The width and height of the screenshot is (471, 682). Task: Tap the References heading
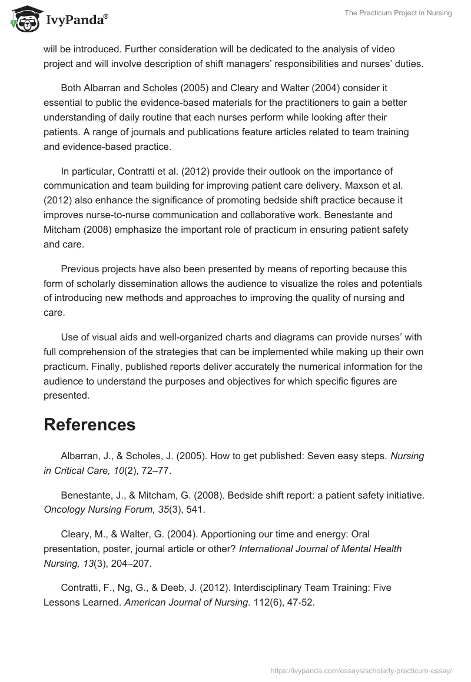coord(89,424)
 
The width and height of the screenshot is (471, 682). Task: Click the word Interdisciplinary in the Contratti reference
coord(252,587)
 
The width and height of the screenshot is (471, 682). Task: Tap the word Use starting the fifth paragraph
coord(69,337)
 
